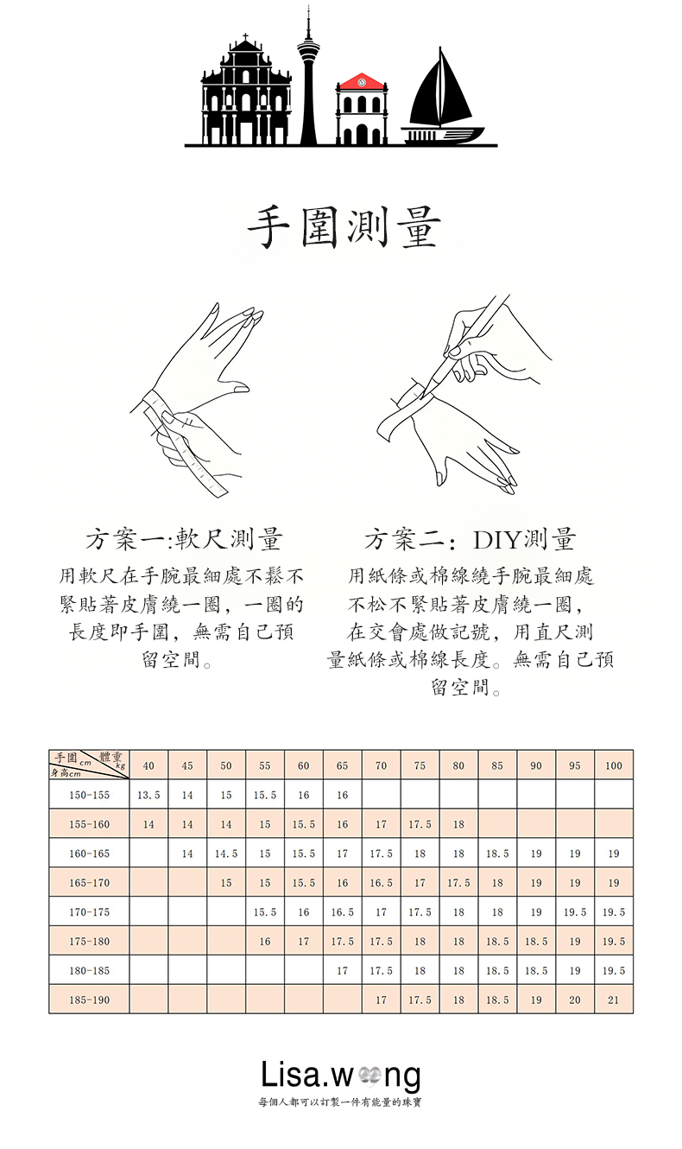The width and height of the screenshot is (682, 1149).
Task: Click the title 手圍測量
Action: point(343,227)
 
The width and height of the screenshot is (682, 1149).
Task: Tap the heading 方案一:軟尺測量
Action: point(184,540)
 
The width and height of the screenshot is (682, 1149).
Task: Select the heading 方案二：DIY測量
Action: point(470,540)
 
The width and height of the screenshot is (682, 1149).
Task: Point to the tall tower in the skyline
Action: point(307,78)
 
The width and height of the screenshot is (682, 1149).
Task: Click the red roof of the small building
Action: point(362,82)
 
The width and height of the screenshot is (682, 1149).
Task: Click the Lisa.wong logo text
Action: point(341,1076)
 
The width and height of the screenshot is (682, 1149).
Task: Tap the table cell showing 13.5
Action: point(148,795)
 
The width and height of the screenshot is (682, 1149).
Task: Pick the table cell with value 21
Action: point(614,1000)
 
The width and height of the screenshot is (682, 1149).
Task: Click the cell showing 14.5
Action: point(226,854)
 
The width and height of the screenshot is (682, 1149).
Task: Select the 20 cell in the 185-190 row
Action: point(575,1000)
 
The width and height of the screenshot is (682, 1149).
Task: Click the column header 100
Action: point(614,765)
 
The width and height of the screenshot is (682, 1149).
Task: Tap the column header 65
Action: point(343,765)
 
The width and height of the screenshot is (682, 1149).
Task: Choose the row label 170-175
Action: point(90,912)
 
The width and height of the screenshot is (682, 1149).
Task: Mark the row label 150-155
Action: point(90,795)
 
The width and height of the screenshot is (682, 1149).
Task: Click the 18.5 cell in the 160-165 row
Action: point(497,854)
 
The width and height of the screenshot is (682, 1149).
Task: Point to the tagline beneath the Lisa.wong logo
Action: point(340,1102)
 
